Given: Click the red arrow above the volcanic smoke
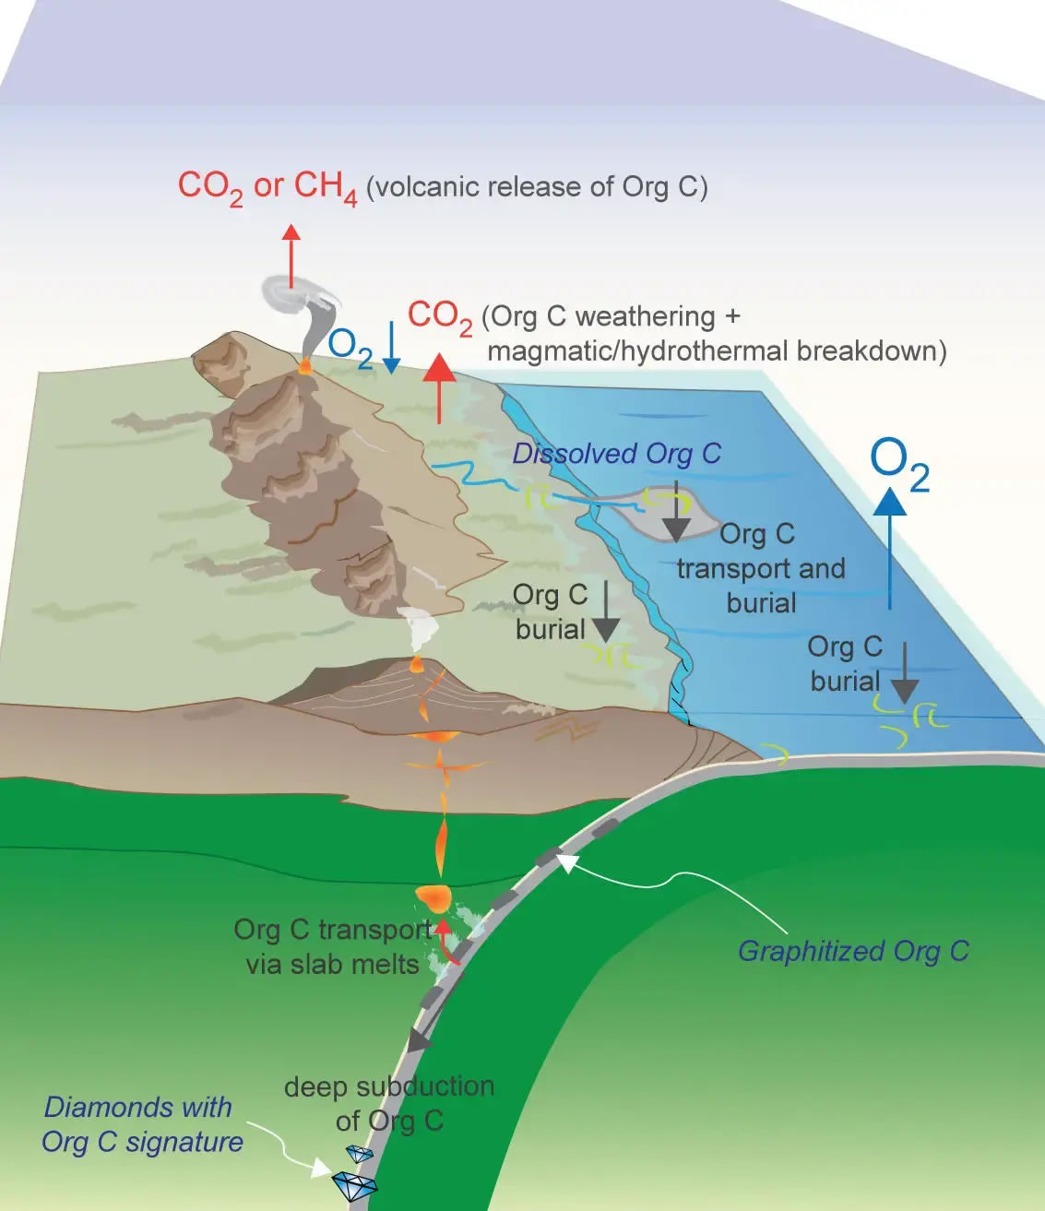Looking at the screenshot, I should tap(291, 255).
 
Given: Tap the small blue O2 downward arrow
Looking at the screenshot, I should tap(391, 348).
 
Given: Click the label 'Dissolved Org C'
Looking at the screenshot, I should tap(616, 454).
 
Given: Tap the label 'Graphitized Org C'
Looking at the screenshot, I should tap(853, 951).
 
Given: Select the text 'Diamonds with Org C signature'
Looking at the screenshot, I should tap(142, 1124).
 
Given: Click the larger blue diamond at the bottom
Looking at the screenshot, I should tap(354, 1184).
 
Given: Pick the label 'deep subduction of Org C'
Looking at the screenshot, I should tap(389, 1103).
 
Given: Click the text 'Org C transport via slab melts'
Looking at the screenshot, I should tap(332, 946).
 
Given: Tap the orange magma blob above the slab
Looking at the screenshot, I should tap(433, 896).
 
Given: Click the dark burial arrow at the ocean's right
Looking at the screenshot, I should tap(905, 673).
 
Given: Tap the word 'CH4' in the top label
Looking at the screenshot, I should tap(325, 187).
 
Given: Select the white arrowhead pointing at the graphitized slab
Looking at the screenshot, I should tap(565, 862).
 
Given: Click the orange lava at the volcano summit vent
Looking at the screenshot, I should tap(304, 366).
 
